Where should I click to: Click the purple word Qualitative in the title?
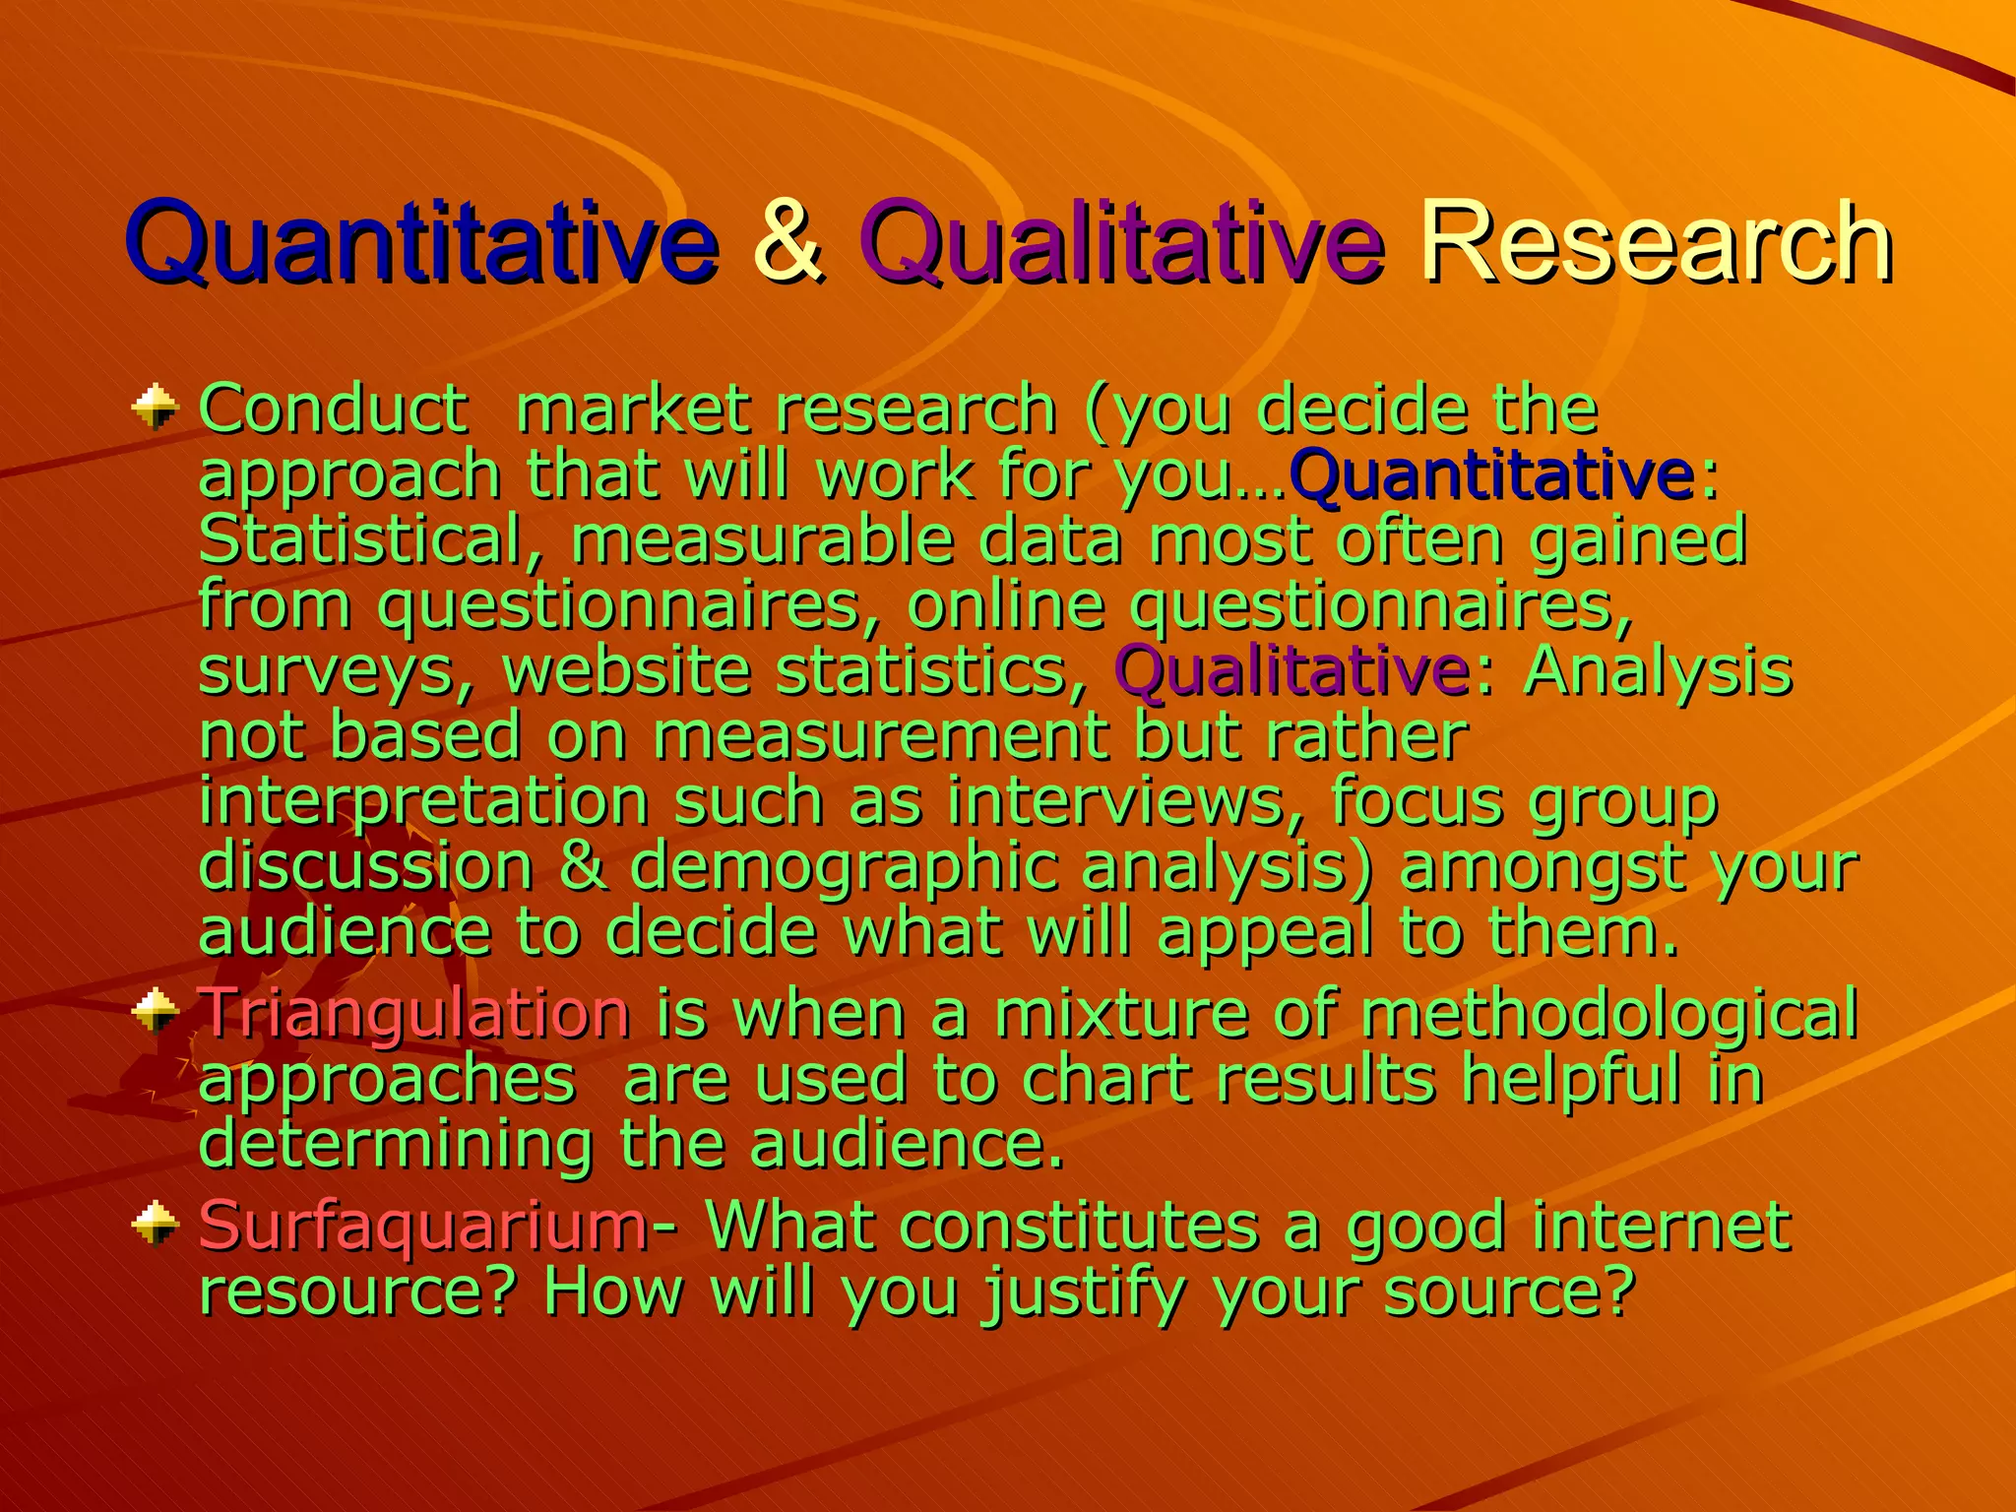1122,241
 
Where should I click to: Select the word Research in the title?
1655,241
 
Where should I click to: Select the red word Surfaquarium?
423,1227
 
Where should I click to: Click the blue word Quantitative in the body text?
1492,474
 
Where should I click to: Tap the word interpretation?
423,802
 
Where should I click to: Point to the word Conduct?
333,409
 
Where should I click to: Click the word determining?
396,1144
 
